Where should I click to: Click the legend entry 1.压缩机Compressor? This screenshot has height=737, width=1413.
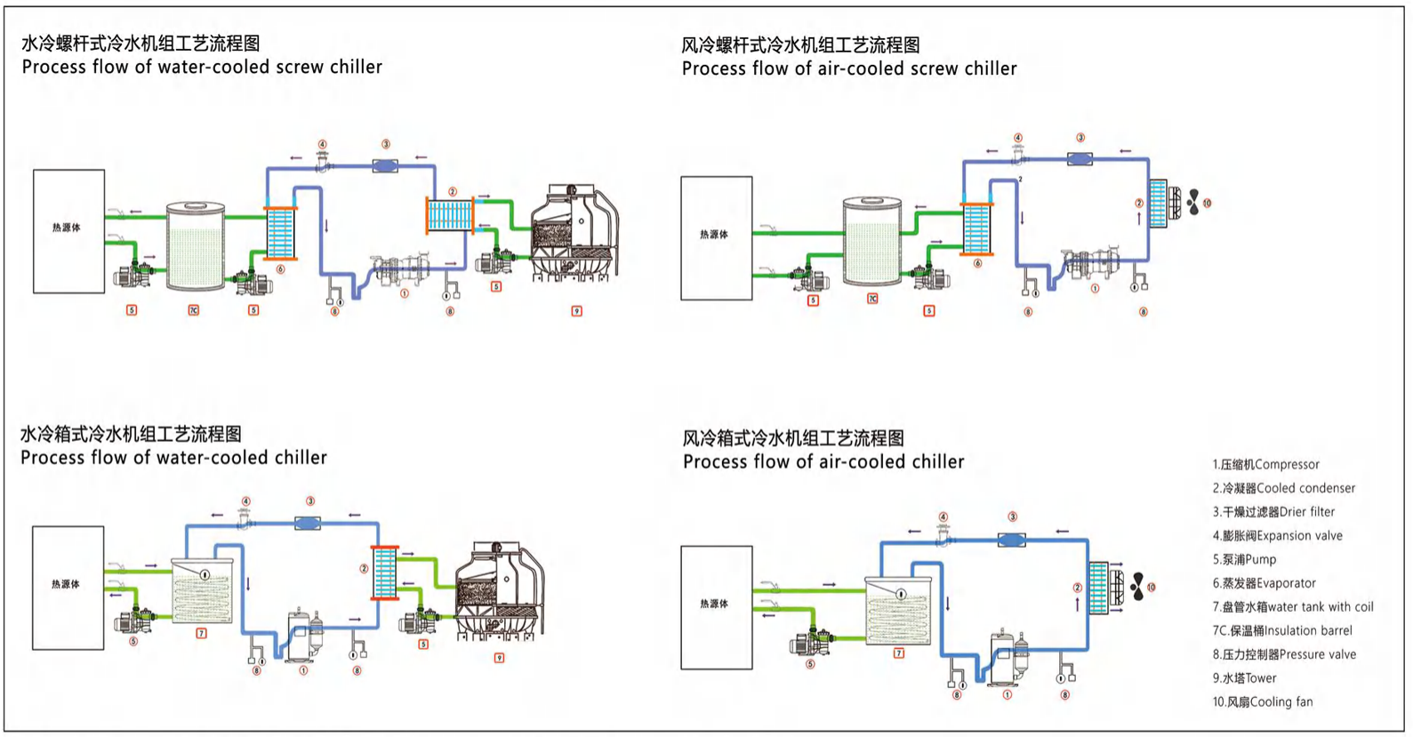[x=1265, y=464]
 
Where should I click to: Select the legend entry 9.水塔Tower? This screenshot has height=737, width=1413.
[x=1244, y=677]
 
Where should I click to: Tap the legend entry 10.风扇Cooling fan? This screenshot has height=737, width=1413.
[x=1263, y=701]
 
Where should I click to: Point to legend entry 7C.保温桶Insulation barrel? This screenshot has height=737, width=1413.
[x=1281, y=630]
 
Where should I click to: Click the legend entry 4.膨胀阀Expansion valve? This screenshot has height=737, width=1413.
[x=1277, y=535]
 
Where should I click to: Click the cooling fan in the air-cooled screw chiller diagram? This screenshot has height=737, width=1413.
[x=1192, y=203]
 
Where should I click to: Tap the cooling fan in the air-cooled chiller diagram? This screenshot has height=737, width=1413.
[x=1137, y=586]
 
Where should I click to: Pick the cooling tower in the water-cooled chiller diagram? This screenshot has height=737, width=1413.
[x=500, y=591]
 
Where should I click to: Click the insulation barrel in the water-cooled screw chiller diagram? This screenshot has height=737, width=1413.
[x=196, y=246]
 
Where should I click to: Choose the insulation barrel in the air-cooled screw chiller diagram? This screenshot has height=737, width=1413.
[x=871, y=241]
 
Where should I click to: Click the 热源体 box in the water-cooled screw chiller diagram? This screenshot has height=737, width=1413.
[x=68, y=231]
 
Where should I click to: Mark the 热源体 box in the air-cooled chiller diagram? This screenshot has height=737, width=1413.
[x=716, y=607]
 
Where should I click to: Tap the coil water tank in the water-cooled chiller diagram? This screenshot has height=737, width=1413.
[x=202, y=591]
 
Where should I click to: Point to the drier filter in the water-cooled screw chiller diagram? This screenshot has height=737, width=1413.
[x=385, y=165]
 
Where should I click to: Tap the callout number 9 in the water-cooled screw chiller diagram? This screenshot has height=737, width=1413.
[x=576, y=311]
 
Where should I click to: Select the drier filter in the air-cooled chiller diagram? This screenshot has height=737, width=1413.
[x=1011, y=539]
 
